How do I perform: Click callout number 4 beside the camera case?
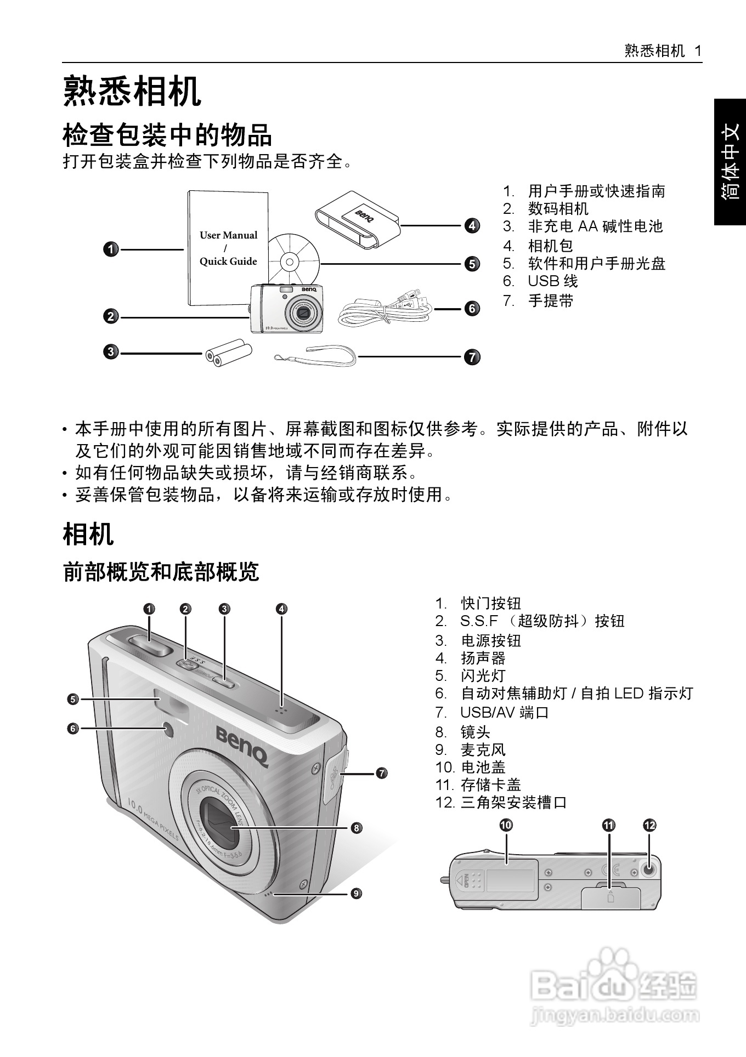(472, 225)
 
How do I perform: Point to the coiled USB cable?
(384, 311)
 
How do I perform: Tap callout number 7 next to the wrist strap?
(472, 357)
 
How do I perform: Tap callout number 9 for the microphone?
(356, 893)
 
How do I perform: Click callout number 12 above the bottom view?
(649, 825)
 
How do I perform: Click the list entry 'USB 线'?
(552, 281)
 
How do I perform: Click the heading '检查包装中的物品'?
(167, 135)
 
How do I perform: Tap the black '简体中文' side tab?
(730, 162)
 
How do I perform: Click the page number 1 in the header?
(698, 51)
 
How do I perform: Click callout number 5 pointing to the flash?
(72, 699)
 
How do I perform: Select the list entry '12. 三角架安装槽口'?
(501, 803)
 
